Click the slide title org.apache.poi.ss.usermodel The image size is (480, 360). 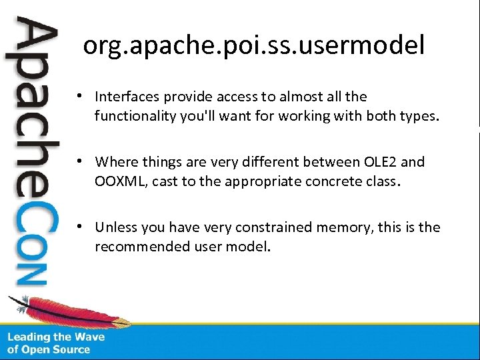point(253,46)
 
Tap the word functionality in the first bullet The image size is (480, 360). point(135,117)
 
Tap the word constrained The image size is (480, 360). point(266,227)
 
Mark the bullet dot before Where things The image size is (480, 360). point(79,162)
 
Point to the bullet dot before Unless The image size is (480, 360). point(79,227)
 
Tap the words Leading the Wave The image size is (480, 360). point(56,337)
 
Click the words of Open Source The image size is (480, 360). point(49,349)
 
